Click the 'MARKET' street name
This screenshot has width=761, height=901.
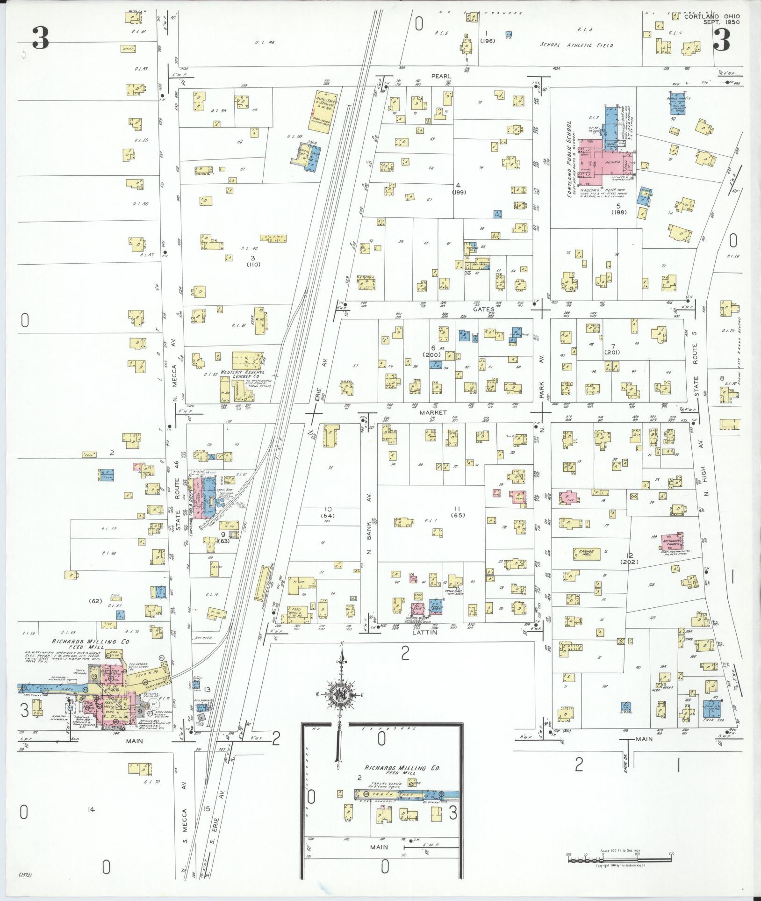tap(433, 413)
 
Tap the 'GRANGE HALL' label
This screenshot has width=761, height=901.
tap(586, 554)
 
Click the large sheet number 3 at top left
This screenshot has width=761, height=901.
tap(41, 38)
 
